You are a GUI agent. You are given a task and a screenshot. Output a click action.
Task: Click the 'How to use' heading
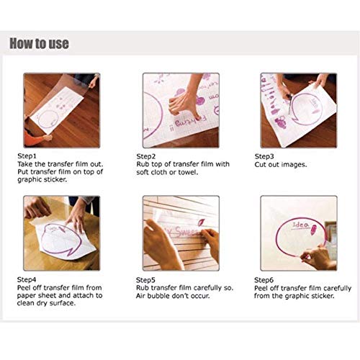point(39,43)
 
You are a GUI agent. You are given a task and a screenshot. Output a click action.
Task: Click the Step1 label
point(27,156)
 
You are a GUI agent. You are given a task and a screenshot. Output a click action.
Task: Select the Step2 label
point(146,156)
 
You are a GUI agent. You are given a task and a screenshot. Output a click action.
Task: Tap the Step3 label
point(264,156)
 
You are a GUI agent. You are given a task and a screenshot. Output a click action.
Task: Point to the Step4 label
point(27,279)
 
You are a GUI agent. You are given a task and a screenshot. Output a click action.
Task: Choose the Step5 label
point(145,280)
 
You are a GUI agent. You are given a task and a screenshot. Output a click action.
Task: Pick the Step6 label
point(264,280)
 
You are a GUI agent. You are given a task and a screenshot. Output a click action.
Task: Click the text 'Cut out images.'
point(281,165)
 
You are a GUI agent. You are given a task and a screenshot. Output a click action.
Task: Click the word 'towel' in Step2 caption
point(188,172)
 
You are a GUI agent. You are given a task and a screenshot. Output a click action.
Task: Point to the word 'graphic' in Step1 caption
point(29,180)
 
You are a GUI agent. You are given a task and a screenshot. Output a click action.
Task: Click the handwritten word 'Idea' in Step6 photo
point(300,225)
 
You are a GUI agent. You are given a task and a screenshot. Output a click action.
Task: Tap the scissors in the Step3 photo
point(289,104)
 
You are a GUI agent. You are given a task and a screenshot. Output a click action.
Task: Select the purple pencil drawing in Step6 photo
point(314,230)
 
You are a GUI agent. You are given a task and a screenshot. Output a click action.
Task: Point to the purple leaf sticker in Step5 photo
point(201,222)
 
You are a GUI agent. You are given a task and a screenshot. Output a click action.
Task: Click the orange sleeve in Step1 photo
point(34,140)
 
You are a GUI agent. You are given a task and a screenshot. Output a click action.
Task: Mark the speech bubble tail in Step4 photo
point(71,252)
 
